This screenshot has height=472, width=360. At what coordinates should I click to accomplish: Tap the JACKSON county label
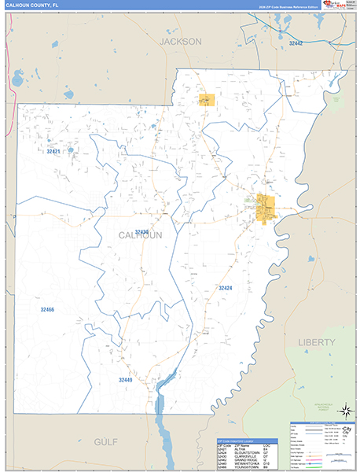click(x=180, y=41)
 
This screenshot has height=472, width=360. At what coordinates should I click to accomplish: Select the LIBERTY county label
click(x=316, y=342)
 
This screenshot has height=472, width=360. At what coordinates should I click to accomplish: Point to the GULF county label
click(x=105, y=441)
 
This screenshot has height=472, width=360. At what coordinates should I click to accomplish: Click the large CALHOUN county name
click(x=141, y=236)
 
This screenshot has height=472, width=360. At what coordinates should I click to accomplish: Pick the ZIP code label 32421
click(x=53, y=151)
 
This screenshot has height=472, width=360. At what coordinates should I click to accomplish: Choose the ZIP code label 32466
click(x=47, y=310)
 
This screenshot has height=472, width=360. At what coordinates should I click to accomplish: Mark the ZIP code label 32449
click(x=126, y=380)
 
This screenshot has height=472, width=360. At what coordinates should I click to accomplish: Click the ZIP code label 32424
click(x=226, y=288)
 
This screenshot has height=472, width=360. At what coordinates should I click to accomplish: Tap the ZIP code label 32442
click(x=296, y=44)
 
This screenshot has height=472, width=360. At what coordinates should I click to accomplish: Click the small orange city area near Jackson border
click(x=207, y=100)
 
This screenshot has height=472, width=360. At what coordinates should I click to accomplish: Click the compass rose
click(x=343, y=411)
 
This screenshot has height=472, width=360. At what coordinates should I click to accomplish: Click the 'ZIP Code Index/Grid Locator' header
click(x=237, y=440)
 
